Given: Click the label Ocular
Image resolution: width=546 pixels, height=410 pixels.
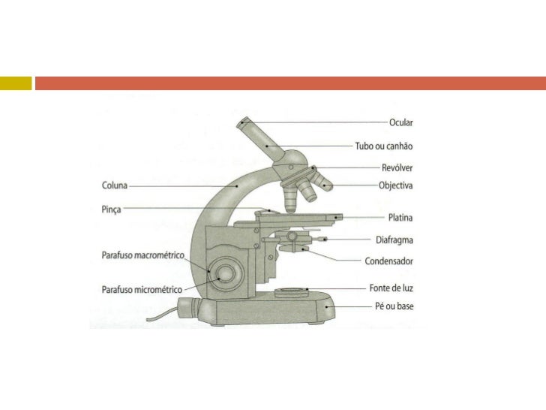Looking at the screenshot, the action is coord(400,122).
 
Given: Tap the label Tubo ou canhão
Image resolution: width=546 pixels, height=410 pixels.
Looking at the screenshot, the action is coord(384,146).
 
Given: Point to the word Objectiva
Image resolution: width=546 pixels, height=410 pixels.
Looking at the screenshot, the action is coord(396,185).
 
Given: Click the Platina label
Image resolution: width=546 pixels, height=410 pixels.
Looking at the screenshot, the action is coord(400,218).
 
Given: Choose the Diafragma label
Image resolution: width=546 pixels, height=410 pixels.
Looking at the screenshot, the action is coord(394,240).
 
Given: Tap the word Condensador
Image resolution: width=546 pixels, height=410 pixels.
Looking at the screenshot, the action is coord(388,261).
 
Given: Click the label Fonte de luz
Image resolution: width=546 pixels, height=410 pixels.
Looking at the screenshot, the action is coord(391,288).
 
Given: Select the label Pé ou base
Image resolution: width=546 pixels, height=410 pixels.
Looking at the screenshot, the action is coord(394,306).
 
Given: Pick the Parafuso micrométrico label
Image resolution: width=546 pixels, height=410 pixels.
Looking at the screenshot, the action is coord(142,288).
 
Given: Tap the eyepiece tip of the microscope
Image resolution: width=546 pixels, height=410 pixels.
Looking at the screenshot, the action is coord(244,122).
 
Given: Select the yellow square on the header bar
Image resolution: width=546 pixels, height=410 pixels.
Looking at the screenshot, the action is coord(16,83).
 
